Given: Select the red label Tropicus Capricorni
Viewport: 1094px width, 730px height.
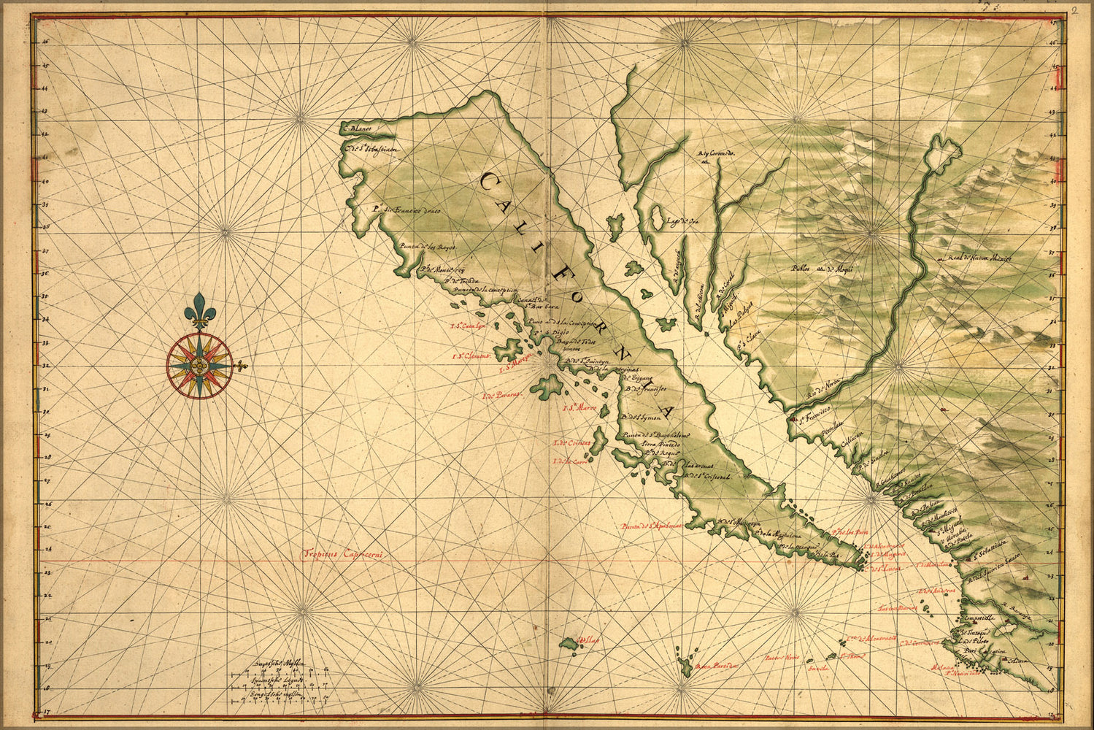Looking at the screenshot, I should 343,554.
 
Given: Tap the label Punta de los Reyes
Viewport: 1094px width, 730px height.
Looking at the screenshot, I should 428,247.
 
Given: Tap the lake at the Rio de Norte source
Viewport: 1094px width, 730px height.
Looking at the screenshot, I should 943,152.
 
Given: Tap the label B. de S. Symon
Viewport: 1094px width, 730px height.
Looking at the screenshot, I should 642,418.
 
